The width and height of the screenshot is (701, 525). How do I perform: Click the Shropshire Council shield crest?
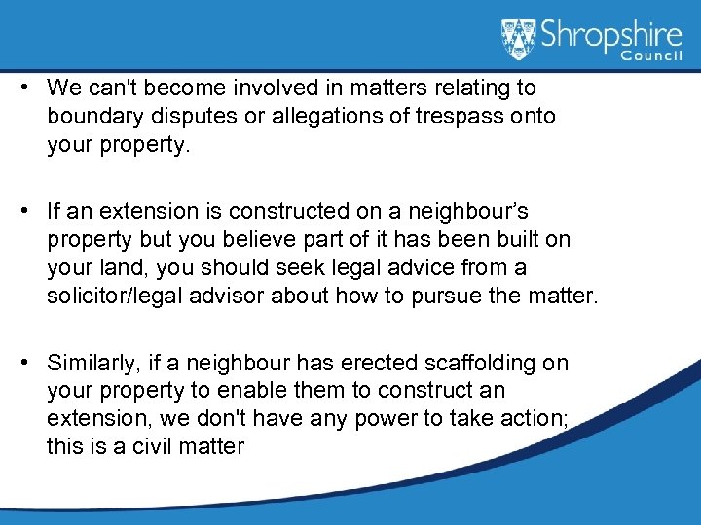(518, 40)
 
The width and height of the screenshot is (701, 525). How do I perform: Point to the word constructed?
(262, 211)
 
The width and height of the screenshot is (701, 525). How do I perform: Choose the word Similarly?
(90, 364)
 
